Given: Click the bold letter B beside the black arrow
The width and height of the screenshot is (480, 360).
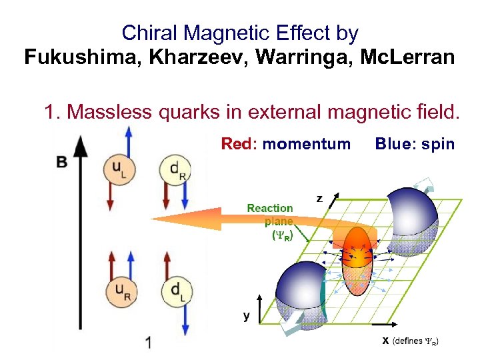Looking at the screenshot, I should click(62, 161).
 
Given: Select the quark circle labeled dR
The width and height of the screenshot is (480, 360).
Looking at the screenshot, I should click(174, 170).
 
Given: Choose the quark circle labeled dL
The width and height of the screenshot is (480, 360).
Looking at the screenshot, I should click(174, 291).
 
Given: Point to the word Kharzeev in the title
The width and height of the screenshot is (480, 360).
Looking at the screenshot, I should click(197, 57).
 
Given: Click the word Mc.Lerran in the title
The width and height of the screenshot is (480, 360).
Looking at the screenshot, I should click(407, 57).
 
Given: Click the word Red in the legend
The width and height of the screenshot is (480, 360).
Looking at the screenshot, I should click(235, 143).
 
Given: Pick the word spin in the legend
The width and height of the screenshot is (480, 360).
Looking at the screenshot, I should click(437, 143).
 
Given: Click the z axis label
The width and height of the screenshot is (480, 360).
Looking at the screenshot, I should click(319, 198).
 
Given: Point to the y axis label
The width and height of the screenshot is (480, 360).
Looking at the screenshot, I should click(247, 317).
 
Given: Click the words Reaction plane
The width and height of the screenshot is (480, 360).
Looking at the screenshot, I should click(270, 215).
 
